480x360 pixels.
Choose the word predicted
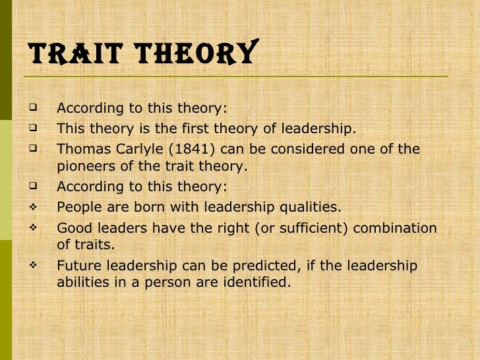272,266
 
